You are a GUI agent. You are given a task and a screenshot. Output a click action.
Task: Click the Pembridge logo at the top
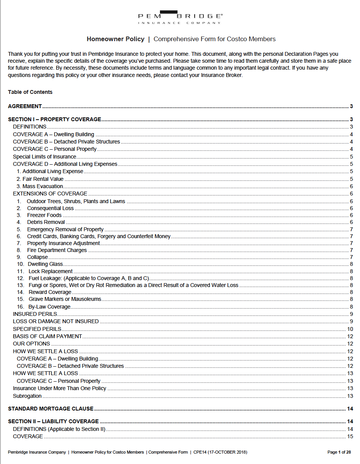point(180,17)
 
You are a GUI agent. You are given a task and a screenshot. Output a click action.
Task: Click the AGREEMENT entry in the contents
point(25,107)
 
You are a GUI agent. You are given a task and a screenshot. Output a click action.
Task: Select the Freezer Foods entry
point(44,215)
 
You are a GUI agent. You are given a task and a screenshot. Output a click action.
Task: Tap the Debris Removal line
point(46,222)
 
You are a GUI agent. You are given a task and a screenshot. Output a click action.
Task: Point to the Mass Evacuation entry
point(43,187)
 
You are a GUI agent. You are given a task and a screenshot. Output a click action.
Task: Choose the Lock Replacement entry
point(50,272)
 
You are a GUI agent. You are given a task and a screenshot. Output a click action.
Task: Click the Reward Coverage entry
point(50,292)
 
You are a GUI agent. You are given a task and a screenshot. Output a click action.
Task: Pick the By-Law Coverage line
point(49,307)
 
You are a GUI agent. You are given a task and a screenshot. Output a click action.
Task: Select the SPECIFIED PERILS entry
point(37,329)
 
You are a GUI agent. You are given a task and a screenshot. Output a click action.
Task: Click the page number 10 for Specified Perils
point(350,329)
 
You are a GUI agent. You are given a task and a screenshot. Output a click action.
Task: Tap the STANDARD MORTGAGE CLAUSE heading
point(51,409)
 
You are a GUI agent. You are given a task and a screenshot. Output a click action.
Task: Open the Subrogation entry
point(27,396)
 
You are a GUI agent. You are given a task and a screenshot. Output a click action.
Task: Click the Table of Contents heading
point(30,92)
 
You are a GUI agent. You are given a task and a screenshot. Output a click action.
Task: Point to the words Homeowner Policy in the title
point(115,39)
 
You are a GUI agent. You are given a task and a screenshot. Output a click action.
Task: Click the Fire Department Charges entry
point(57,250)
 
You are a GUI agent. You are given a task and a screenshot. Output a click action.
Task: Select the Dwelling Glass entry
point(45,264)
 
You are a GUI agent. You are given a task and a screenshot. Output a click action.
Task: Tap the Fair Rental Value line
point(43,179)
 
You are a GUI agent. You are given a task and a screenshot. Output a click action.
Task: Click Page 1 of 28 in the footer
point(339,452)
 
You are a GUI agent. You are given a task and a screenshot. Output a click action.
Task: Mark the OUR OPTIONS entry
point(32,344)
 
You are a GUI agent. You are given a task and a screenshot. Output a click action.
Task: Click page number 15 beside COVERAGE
point(350,437)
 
